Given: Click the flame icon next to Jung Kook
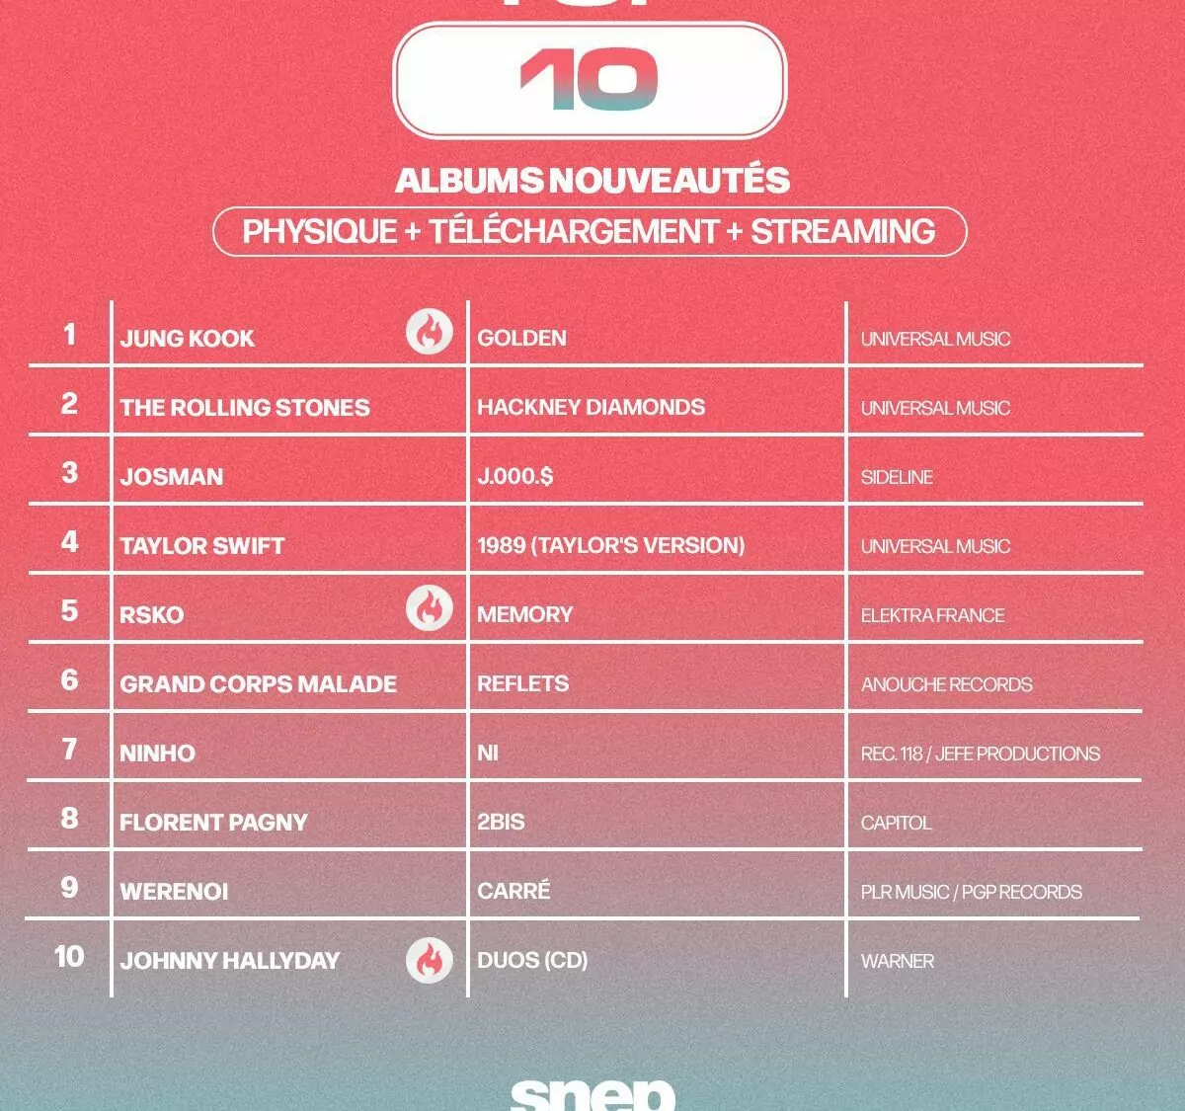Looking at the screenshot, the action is [429, 332].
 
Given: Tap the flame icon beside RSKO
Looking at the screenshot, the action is [429, 608].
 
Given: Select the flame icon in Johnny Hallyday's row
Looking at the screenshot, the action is [429, 961].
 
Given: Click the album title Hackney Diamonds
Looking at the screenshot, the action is [591, 407].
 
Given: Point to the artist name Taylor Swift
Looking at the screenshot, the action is [202, 546].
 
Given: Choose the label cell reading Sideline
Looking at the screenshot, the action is [897, 478].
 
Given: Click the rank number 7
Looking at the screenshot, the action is [69, 750].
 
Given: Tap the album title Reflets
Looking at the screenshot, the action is [523, 683].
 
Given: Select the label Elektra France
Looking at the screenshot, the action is [932, 615].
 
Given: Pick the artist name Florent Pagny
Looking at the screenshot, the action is [213, 823].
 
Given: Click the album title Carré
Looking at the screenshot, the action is [513, 890].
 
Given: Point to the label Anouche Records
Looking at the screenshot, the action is [946, 684].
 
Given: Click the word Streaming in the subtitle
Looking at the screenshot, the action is [842, 232].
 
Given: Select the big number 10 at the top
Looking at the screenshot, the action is [590, 79].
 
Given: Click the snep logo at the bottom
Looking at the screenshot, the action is [592, 1095].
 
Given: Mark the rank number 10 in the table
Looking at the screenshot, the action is [69, 956].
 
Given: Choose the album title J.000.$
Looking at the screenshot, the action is [514, 476].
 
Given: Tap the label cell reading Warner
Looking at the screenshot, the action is [898, 961].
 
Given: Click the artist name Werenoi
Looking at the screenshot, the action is [174, 892].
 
